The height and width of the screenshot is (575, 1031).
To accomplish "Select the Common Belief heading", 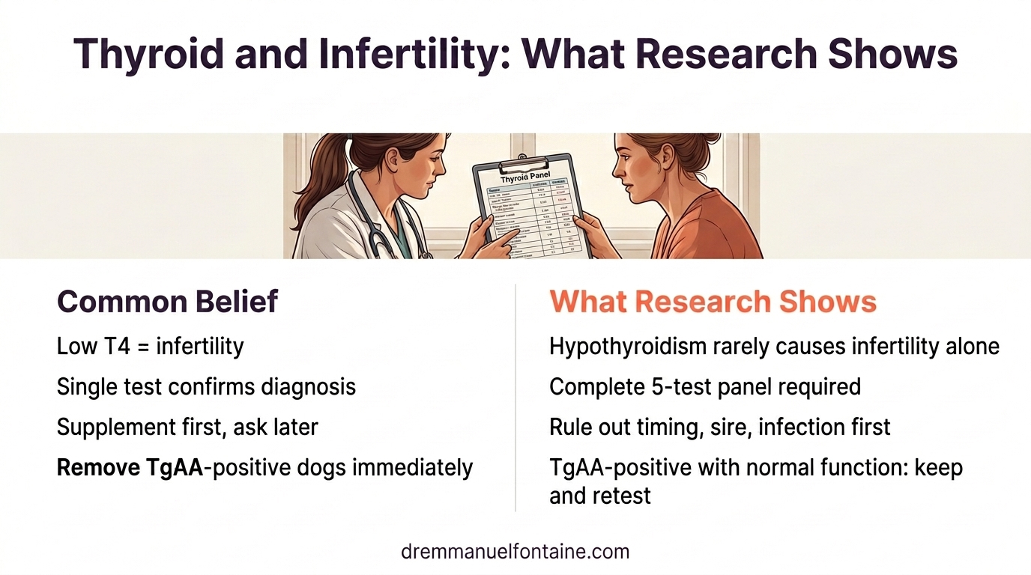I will click(x=167, y=302).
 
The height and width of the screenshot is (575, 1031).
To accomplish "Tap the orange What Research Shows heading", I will click(x=713, y=302).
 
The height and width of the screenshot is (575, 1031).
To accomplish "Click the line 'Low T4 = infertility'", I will click(x=150, y=346).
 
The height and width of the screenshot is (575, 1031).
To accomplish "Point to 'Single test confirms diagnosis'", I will click(x=206, y=386).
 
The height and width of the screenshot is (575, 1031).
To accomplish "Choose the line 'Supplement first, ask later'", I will click(x=187, y=427).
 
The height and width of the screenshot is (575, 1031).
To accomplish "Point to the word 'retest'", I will click(x=622, y=495).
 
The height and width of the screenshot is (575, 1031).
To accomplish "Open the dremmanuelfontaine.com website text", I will click(x=515, y=552).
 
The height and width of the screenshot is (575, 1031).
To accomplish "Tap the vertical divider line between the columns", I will click(x=515, y=397).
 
